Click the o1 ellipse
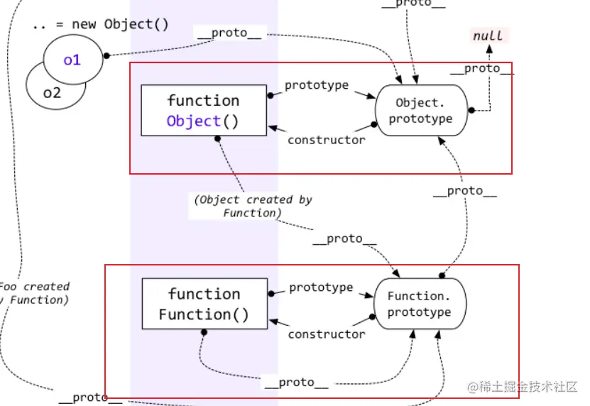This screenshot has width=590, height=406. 72,60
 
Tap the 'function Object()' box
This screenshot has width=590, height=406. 203,111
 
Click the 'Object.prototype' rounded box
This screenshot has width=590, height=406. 423,111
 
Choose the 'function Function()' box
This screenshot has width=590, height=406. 204,304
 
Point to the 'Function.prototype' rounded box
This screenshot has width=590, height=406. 419,304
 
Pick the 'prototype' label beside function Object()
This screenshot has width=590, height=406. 317,85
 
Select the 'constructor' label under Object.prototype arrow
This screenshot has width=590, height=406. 326,140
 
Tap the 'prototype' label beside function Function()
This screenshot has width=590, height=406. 321,287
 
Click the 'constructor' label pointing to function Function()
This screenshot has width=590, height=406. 326,334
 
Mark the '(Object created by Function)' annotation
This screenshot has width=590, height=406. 253,206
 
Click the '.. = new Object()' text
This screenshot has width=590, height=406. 100,24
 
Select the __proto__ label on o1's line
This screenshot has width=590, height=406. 229,33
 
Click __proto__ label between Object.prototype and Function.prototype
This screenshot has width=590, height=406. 464,191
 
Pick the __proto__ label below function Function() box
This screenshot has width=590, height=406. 296,383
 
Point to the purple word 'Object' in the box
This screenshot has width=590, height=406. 194,121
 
